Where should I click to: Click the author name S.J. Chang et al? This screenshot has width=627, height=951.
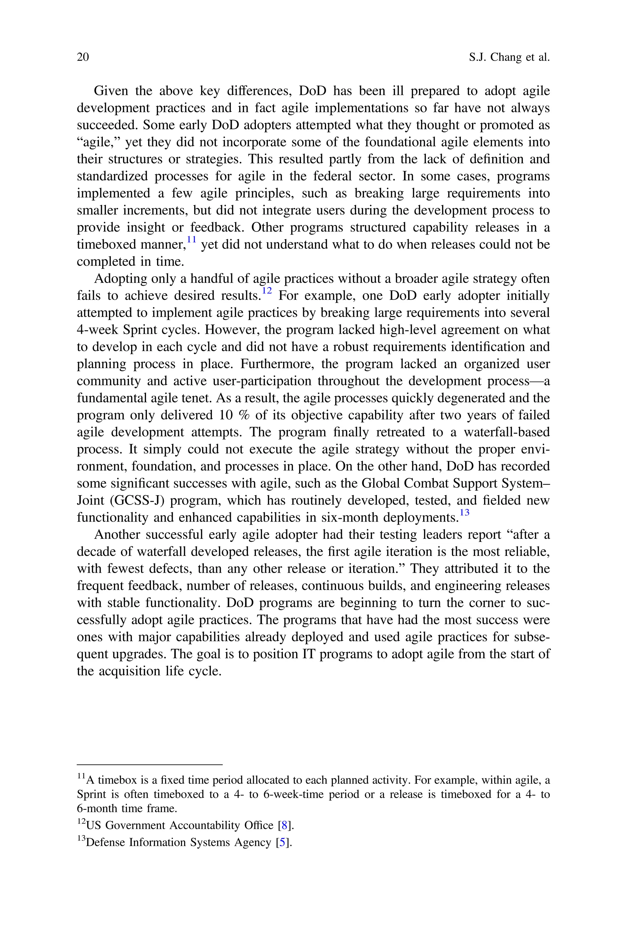coord(509,57)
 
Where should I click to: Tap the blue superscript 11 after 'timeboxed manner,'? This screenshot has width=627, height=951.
coord(192,240)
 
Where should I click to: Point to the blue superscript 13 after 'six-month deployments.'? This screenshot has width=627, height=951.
coord(464,513)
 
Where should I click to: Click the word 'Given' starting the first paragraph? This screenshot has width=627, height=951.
coord(111,91)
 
